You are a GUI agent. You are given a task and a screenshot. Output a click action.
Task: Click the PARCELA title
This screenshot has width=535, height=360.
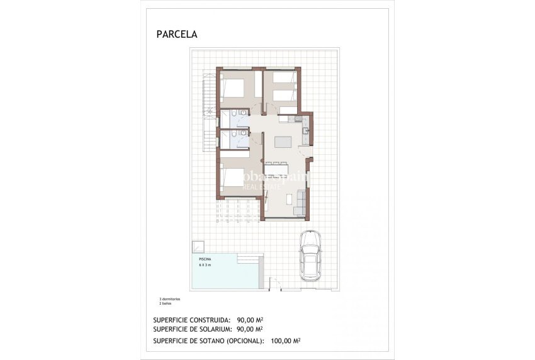pyautogui.click(x=176, y=35)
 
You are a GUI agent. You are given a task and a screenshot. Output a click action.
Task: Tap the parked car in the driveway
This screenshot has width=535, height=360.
pyautogui.click(x=310, y=256)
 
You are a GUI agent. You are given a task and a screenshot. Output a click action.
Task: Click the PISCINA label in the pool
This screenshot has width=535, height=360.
pyautogui.click(x=205, y=259)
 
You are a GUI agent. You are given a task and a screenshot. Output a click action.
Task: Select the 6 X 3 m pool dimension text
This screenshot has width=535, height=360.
pyautogui.click(x=206, y=266)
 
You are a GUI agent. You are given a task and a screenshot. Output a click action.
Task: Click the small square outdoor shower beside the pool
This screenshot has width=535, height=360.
pyautogui.click(x=198, y=246)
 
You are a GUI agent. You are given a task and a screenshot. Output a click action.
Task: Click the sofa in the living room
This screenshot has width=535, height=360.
pyautogui.click(x=300, y=201)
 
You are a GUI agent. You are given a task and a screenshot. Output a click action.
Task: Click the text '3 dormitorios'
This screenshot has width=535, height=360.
pyautogui.click(x=170, y=298)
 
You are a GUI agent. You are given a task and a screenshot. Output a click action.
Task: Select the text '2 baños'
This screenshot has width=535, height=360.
pyautogui.click(x=166, y=303)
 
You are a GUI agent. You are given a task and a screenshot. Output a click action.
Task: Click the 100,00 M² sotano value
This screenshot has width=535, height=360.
pyautogui.click(x=285, y=341)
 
